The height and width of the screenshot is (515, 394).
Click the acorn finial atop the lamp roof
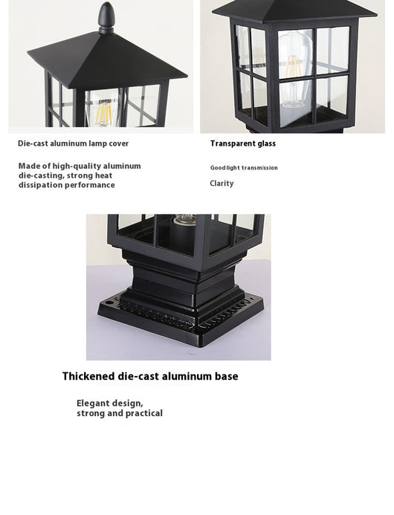106,17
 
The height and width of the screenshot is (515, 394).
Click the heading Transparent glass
243,143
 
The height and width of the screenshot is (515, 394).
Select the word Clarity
222,184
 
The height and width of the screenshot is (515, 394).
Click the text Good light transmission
244,168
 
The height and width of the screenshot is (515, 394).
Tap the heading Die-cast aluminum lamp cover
73,143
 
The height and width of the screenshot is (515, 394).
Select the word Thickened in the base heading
88,376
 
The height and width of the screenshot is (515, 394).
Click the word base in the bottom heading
227,376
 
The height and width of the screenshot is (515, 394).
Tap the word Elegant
93,403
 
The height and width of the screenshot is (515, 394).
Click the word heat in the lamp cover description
103,175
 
